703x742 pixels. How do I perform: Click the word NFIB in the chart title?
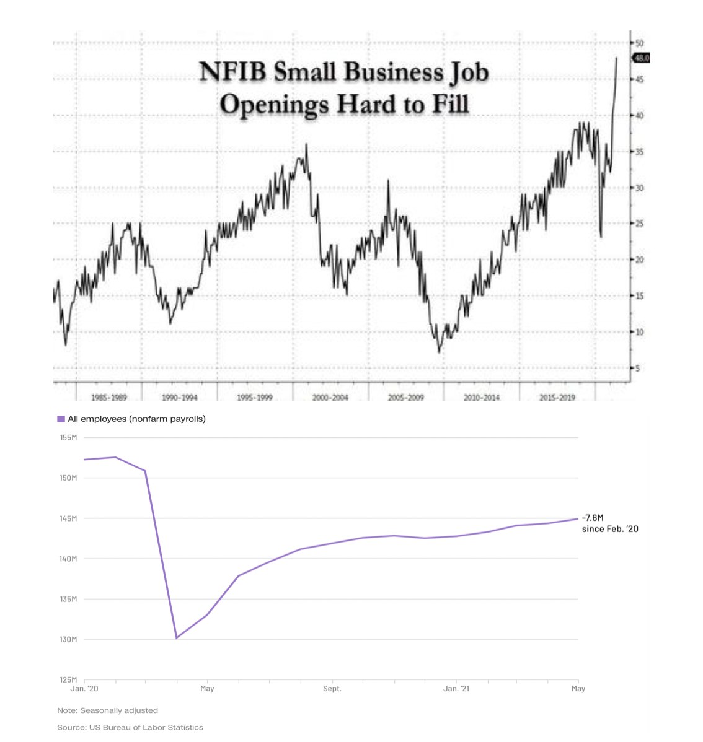(233, 72)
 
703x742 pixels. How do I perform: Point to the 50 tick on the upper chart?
(639, 43)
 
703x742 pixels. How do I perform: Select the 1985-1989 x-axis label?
(108, 398)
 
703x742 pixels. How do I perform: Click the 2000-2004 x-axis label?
(330, 398)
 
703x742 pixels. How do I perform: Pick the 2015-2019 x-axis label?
(557, 398)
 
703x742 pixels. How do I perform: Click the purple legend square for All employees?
(61, 419)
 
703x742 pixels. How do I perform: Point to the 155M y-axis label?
(68, 438)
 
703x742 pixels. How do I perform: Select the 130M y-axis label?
(68, 639)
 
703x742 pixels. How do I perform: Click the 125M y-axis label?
(68, 679)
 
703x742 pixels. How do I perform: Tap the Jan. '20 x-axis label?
(84, 689)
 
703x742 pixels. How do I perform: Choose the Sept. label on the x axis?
(332, 689)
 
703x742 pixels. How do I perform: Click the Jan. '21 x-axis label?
(456, 689)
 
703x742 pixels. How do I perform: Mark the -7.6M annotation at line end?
(593, 518)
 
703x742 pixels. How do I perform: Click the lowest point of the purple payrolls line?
(177, 637)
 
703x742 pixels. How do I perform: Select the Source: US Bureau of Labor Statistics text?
(130, 727)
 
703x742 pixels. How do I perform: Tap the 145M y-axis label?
(68, 518)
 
